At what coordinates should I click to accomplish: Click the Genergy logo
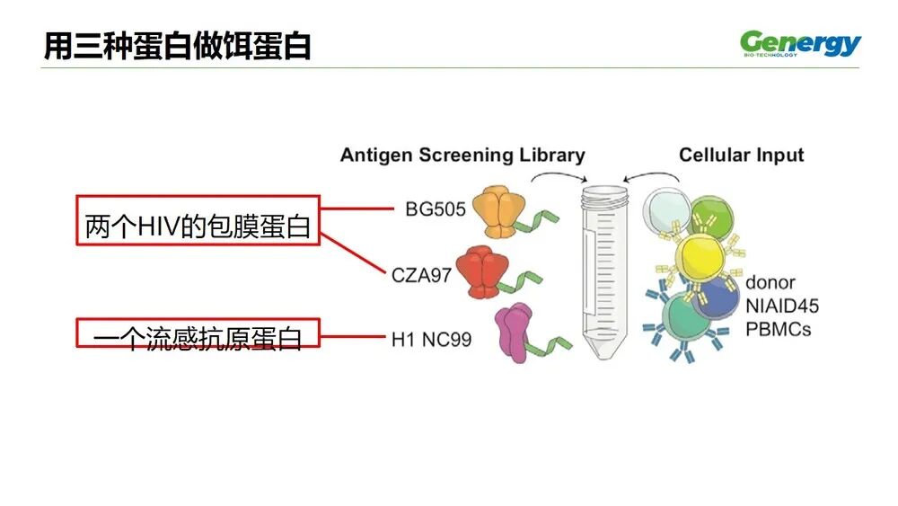[x=799, y=43]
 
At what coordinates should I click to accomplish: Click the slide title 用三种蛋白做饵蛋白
[x=178, y=45]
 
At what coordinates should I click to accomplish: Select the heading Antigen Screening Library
[x=462, y=155]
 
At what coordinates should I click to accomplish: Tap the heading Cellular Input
[x=741, y=155]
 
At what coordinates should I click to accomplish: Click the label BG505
[x=436, y=210]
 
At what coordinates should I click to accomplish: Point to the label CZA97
[x=421, y=275]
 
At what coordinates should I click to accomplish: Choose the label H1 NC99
[x=431, y=340]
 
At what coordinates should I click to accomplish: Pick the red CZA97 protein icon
[x=480, y=271]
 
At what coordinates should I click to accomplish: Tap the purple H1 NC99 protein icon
[x=514, y=333]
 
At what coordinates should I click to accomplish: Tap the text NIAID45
[x=781, y=306]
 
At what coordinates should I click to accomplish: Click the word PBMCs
[x=778, y=328]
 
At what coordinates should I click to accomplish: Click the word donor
[x=770, y=282]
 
